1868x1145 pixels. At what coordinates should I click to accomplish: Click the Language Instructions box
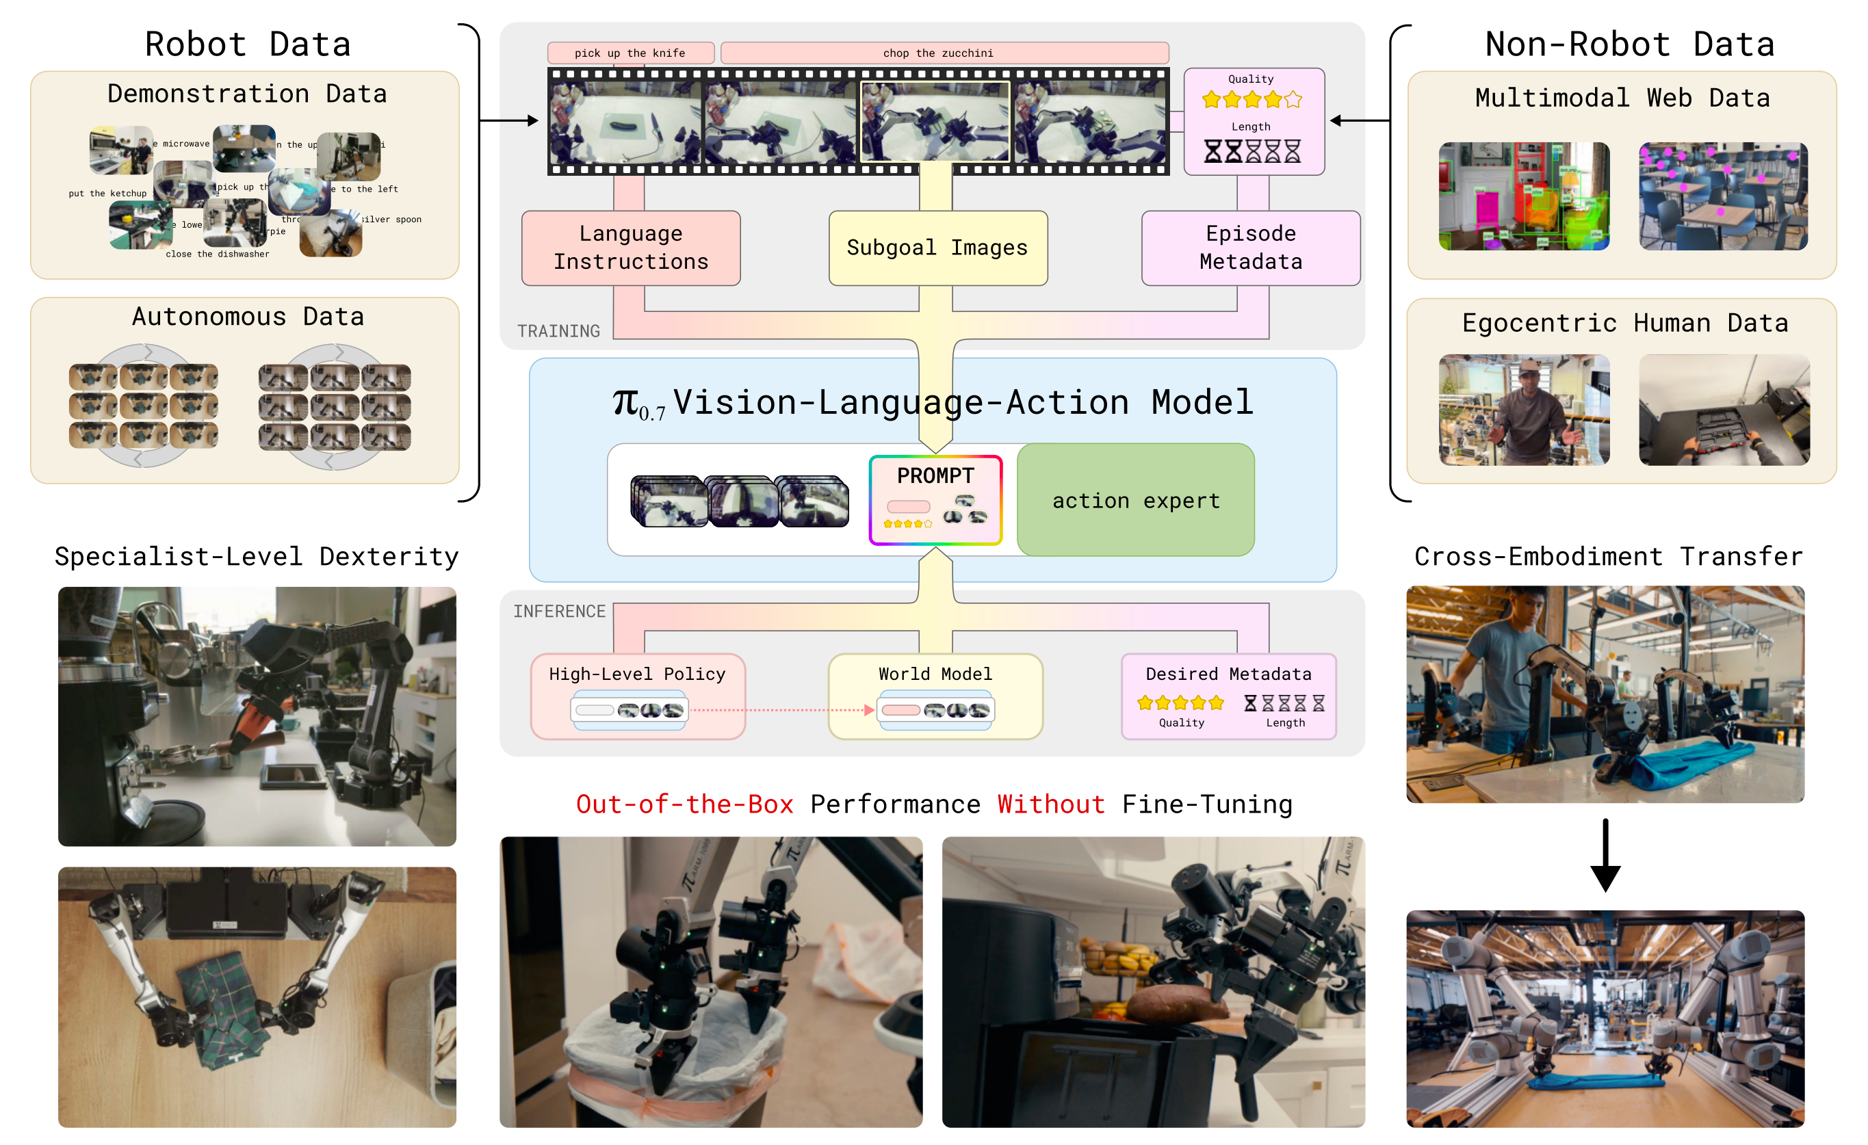pos(631,248)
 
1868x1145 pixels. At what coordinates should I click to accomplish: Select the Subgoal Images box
pos(938,248)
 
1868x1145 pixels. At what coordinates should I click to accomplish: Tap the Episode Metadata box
pos(1251,248)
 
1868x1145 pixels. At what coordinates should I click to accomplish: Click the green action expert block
pos(1136,500)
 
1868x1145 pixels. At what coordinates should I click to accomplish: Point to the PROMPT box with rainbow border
pos(935,500)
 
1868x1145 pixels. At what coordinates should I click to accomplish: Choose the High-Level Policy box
pos(638,696)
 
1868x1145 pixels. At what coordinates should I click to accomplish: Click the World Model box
pos(935,696)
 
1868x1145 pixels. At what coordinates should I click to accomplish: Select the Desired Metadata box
pos(1228,696)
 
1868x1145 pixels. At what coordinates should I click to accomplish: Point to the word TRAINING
pos(559,331)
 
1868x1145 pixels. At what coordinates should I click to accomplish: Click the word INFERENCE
pos(560,611)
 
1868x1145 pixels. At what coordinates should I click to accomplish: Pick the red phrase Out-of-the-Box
pos(684,804)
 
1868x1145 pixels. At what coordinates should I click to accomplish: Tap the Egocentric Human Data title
pos(1624,323)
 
